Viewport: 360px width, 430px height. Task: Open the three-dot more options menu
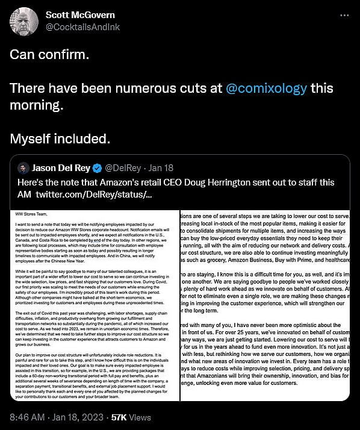[x=344, y=14]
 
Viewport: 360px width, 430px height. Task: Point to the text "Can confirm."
[x=49, y=54]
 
